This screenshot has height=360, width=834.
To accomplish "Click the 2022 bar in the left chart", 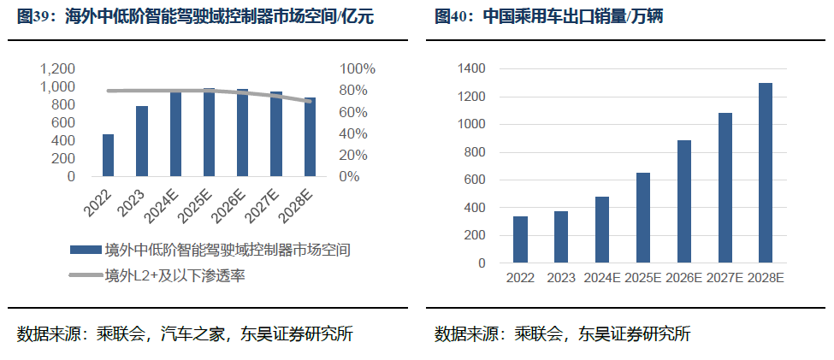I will point(108,156).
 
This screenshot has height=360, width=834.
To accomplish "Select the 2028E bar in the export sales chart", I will point(766,173).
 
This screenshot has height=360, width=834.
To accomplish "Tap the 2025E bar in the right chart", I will point(642,218).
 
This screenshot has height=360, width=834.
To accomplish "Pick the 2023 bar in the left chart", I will point(141,142).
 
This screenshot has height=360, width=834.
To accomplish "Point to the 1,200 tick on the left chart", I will point(58,68).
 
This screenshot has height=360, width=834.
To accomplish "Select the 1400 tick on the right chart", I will point(471,68).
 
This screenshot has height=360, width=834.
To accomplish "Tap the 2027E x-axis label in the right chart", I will point(725,278).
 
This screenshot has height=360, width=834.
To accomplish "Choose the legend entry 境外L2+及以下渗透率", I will point(175,275).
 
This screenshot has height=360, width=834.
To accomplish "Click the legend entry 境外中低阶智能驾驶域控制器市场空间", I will point(228,250).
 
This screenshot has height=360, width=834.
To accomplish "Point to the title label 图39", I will point(37,16).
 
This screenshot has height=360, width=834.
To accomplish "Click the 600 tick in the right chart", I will point(475,180).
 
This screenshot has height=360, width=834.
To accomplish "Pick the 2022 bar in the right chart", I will point(520,239).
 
